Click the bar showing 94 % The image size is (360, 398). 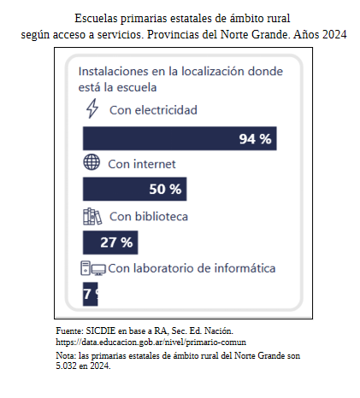180,138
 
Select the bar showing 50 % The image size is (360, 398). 133,189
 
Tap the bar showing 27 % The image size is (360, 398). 109,242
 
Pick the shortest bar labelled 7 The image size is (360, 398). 90,295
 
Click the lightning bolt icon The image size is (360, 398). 92,109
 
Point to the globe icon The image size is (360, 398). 91,163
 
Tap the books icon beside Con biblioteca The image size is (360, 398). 91,215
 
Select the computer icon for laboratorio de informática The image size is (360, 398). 92,269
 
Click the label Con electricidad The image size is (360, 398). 153,110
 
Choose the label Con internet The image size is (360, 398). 142,163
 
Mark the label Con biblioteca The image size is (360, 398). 149,216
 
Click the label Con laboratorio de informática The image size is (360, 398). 192,269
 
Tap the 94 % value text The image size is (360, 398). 255,138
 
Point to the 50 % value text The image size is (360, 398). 165,189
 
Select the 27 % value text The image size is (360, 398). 116,242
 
